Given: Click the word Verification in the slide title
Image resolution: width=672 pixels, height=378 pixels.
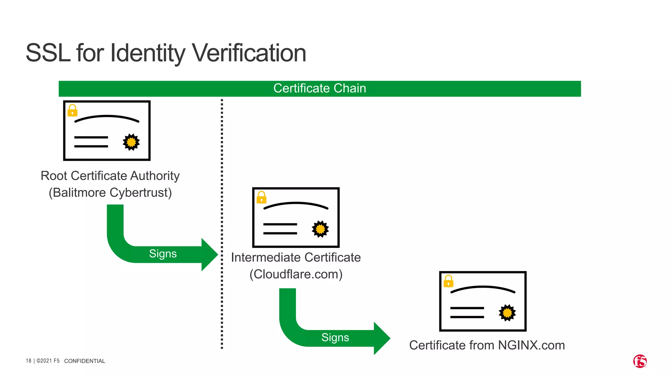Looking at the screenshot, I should click(x=249, y=53).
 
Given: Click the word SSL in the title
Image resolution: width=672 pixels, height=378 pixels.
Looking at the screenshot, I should click(x=48, y=53).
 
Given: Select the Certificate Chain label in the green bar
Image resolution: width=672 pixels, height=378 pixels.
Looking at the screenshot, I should click(x=320, y=89).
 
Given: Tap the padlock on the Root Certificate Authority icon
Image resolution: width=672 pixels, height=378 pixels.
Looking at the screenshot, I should click(x=73, y=111).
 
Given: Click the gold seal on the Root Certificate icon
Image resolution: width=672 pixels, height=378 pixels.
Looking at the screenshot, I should click(x=131, y=142).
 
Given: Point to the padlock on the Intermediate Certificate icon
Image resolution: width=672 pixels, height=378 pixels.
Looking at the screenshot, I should click(x=262, y=198).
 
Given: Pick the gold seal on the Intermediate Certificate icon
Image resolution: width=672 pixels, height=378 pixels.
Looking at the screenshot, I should click(x=320, y=229).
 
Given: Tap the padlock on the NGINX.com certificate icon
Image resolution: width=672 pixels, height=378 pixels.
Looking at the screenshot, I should click(x=449, y=281).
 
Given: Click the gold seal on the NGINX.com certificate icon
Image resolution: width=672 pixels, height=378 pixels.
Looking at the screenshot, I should click(x=507, y=313).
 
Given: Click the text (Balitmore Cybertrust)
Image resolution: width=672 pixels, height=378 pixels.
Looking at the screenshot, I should click(x=110, y=193).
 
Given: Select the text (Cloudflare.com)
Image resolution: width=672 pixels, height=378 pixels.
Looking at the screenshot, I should click(x=296, y=274).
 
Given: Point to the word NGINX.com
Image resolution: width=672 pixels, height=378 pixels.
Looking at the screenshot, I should click(x=531, y=346).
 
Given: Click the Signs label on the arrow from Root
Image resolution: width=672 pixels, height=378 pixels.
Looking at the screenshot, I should click(x=163, y=254).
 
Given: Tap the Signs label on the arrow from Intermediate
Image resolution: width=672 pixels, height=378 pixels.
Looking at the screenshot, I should click(x=335, y=338).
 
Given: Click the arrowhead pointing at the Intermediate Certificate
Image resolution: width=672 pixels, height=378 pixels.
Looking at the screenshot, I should click(x=209, y=255).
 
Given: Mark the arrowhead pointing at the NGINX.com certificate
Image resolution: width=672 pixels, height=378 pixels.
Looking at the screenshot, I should click(x=382, y=338).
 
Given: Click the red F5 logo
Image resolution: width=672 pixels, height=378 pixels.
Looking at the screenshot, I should click(x=640, y=361).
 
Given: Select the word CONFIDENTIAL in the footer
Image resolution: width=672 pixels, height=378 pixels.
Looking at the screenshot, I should click(x=85, y=361).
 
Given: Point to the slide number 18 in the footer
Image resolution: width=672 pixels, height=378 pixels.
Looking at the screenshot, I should click(x=29, y=361).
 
